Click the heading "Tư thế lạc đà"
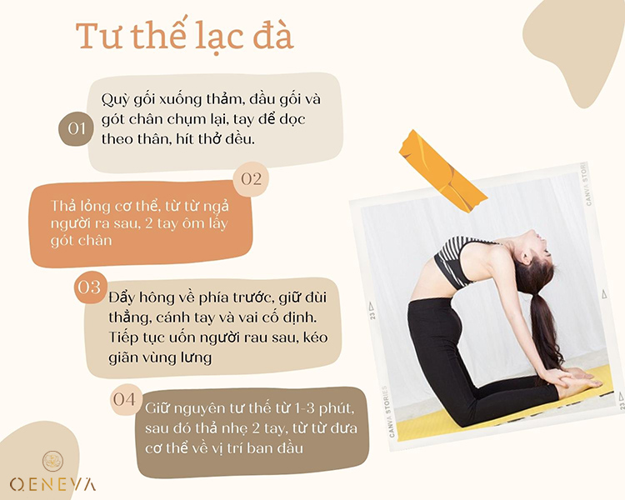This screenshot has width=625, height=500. (184, 37)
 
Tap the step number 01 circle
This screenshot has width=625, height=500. (77, 129)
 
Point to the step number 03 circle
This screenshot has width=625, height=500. (88, 287)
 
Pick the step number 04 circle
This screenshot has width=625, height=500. (124, 399)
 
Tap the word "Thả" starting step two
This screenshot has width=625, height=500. (65, 205)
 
